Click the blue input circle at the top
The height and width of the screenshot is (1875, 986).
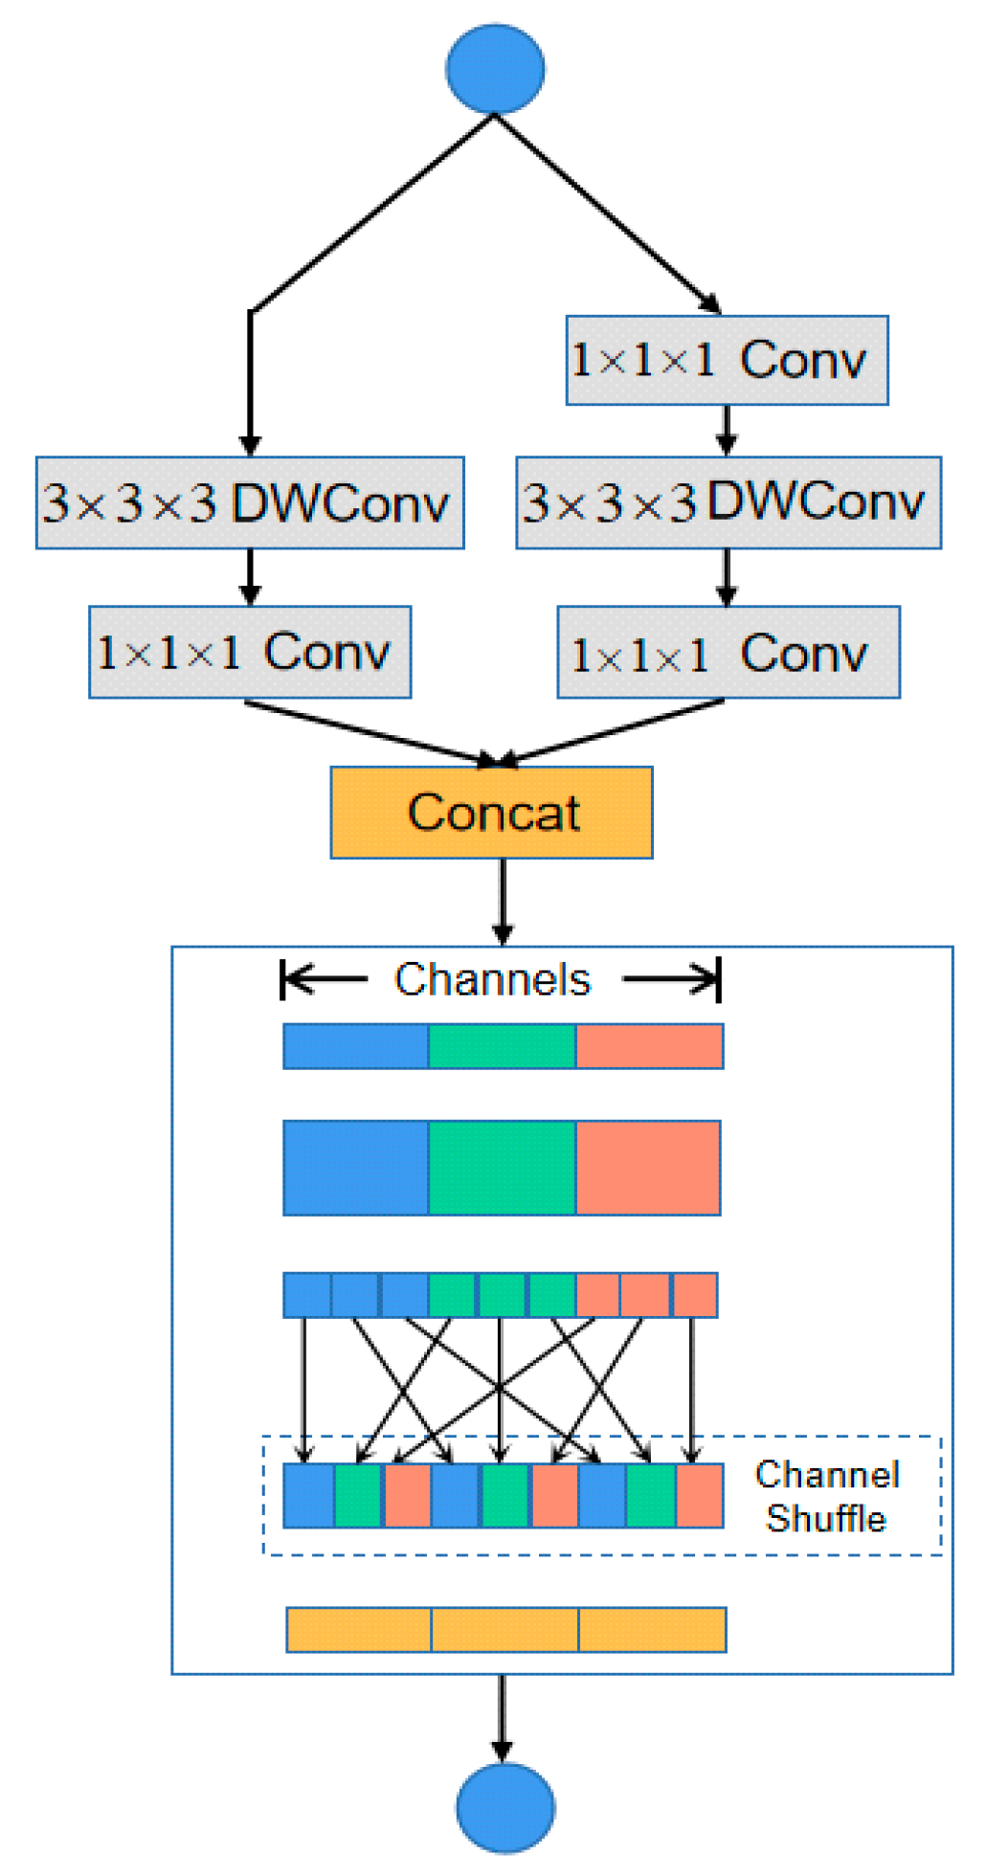tap(495, 68)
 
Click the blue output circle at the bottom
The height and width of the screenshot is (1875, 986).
tap(504, 1807)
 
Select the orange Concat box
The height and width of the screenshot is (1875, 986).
tap(492, 812)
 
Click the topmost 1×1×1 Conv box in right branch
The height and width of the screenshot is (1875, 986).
tap(727, 360)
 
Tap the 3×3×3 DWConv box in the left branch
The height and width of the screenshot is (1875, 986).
tap(250, 502)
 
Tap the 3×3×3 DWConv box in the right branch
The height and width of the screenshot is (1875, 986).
tap(728, 502)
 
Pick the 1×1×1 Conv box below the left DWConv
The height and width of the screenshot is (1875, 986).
tap(250, 652)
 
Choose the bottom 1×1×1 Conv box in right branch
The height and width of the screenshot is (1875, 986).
tap(728, 652)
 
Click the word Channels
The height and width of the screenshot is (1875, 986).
tap(492, 979)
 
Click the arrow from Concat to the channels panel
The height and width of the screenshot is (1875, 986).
tap(503, 901)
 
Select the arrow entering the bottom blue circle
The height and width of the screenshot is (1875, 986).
tap(502, 1718)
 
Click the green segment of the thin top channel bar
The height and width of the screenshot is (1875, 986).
tap(502, 1045)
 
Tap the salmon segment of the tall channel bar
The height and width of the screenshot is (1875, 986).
tap(648, 1168)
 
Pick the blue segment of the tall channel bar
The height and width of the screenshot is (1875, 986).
tap(355, 1168)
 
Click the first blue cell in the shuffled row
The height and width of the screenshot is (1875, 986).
tap(308, 1495)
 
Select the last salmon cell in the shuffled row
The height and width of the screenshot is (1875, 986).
tap(700, 1495)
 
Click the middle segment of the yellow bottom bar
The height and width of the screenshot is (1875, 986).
tap(504, 1629)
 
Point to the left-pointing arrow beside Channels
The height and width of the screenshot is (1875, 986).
tap(325, 979)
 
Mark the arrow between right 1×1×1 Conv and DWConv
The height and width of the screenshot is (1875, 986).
tap(727, 430)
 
